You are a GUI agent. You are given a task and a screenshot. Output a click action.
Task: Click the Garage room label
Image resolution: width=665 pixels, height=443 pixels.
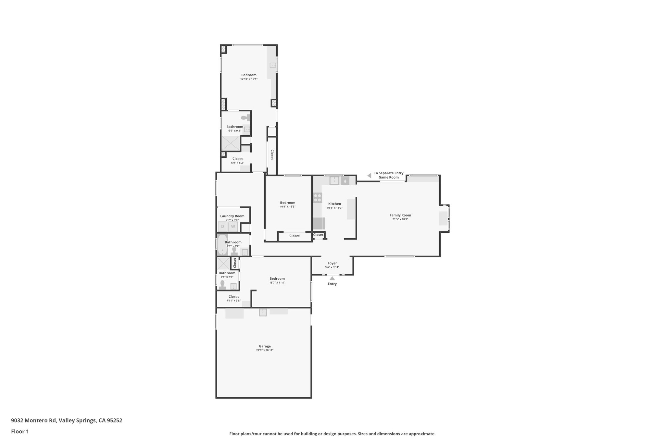coord(265,346)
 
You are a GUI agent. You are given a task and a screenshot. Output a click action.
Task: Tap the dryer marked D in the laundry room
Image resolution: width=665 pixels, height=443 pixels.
coord(222,227)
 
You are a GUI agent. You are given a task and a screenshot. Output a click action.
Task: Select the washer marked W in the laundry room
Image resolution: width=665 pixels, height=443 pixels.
coord(233,227)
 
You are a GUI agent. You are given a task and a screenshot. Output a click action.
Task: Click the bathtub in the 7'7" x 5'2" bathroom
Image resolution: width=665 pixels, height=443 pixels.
coord(222,245)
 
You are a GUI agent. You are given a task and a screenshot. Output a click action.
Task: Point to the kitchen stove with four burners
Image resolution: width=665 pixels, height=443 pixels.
coord(318,198)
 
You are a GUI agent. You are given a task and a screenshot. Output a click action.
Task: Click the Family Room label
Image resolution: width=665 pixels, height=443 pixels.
coord(400,215)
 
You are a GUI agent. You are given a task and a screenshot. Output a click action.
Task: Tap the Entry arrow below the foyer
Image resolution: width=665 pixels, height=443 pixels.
coord(332,278)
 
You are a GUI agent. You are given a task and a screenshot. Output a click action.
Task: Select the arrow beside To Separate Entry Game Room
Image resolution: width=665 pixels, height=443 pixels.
coord(369,176)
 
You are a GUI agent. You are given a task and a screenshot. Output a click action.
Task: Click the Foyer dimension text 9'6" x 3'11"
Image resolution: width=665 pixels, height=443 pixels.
coord(332,267)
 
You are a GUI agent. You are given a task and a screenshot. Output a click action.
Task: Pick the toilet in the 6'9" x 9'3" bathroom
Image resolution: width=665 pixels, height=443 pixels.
coord(246,117)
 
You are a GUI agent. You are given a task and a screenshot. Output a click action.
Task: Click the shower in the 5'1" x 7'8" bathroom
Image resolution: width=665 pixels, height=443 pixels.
coord(223,263)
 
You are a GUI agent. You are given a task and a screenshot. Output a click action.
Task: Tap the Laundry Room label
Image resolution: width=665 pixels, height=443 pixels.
coord(232,216)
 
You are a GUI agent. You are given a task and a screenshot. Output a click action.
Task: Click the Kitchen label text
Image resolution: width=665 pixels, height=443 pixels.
coord(334,204)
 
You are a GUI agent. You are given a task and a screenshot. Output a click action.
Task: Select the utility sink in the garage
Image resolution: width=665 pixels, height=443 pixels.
coord(263,312)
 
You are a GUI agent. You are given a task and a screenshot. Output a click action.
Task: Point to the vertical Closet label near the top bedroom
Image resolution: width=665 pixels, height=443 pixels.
coord(272,155)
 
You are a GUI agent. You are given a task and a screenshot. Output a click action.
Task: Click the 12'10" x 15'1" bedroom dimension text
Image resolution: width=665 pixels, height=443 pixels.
coord(249,79)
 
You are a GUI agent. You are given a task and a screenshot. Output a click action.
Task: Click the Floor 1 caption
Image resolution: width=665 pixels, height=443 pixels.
coord(20,432)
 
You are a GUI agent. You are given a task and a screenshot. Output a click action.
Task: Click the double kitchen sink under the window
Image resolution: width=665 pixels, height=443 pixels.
coord(334,180)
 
